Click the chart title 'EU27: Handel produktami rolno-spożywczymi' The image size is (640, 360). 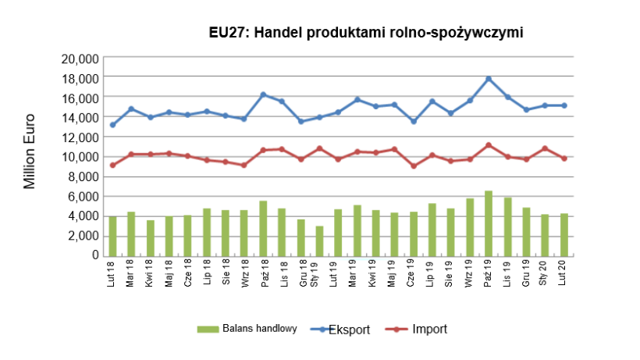click(365, 33)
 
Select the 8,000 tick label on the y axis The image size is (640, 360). click(82, 176)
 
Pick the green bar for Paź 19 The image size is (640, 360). click(489, 223)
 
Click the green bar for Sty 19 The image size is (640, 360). click(319, 241)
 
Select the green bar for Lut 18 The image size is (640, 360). click(112, 236)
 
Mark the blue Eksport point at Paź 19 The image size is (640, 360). click(489, 79)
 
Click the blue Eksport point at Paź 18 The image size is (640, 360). click(263, 94)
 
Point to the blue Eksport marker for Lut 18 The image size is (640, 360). click(112, 125)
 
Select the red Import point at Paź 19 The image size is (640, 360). click(489, 145)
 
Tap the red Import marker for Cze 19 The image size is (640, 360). click(413, 166)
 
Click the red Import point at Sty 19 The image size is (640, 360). click(319, 148)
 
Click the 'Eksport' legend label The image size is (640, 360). click(349, 329)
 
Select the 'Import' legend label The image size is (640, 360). click(430, 329)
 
